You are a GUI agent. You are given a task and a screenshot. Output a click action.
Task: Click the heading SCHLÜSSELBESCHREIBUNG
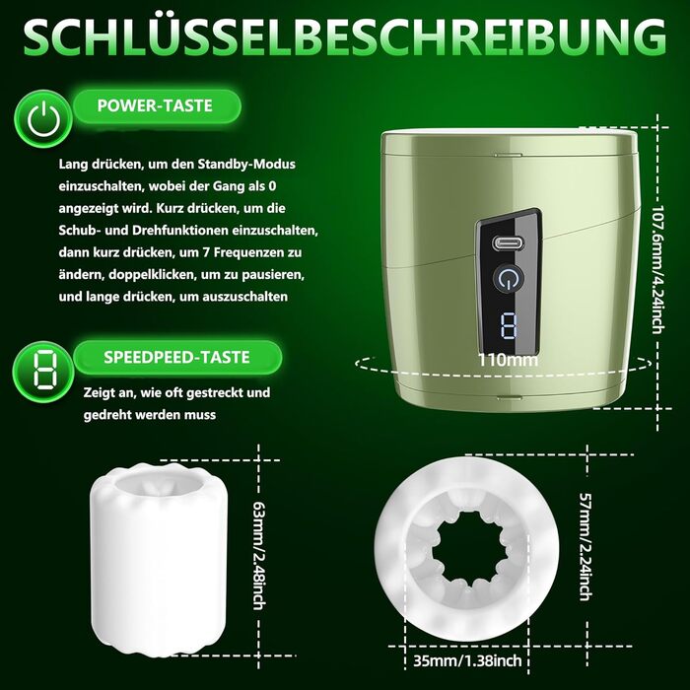(x=345, y=37)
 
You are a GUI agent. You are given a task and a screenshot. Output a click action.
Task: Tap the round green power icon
(x=43, y=119)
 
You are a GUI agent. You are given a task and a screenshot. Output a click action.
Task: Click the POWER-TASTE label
(x=155, y=105)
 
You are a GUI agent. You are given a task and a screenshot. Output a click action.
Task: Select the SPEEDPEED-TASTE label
(x=176, y=357)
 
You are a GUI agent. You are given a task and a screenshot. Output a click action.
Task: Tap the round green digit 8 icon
(x=43, y=373)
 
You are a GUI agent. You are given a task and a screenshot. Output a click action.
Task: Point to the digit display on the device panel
(x=510, y=326)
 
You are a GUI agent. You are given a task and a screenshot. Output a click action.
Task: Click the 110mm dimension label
(x=509, y=360)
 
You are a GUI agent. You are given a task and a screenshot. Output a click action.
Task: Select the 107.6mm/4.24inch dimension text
(x=656, y=269)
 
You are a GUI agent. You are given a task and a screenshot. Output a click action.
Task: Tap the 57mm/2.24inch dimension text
(x=585, y=547)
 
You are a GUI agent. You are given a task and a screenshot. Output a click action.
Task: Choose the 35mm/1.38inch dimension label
(x=467, y=660)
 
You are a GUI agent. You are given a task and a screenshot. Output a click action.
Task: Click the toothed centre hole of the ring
(x=466, y=552)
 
